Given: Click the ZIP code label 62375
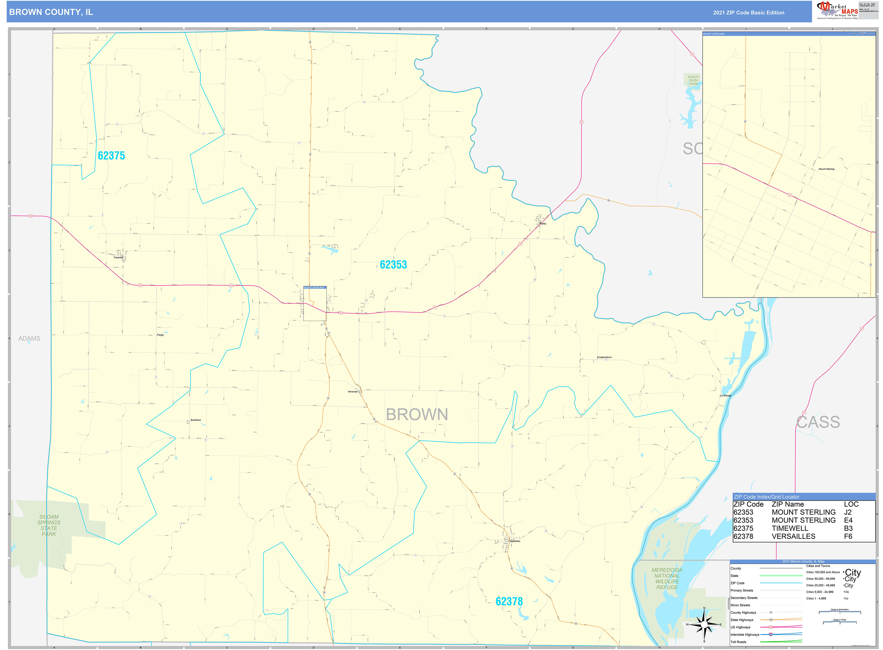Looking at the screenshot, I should coord(111,156).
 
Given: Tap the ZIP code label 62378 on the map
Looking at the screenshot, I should coord(509,601).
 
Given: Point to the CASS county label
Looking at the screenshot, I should coord(818,422).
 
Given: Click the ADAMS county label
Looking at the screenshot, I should coord(29,338).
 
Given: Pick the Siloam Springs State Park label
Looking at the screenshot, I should coord(49,525).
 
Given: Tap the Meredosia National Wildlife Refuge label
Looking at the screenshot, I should coord(667,578).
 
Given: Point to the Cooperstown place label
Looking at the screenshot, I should coord(605,357).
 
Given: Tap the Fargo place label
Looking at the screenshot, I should coord(160,335).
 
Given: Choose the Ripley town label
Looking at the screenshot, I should coord(543,223).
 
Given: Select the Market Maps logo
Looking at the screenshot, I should coord(837,10).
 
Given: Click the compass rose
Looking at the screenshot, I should coord(704,624).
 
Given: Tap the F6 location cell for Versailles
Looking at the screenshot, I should coord(848,536).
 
